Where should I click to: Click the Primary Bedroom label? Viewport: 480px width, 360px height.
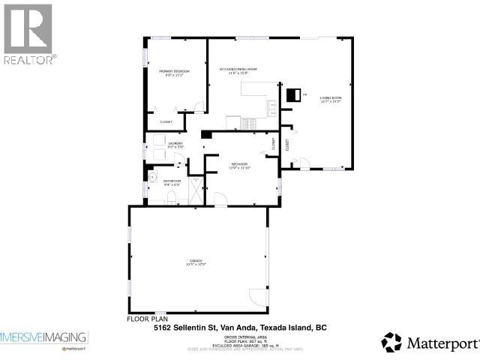(x=174, y=73)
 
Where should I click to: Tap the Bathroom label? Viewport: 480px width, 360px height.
(x=172, y=182)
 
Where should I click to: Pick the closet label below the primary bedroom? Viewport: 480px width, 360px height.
(x=166, y=121)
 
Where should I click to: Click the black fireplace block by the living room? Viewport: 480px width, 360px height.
(x=293, y=94)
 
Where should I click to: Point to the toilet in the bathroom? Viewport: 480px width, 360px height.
(x=171, y=198)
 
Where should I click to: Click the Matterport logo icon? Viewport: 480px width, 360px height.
(x=391, y=342)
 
